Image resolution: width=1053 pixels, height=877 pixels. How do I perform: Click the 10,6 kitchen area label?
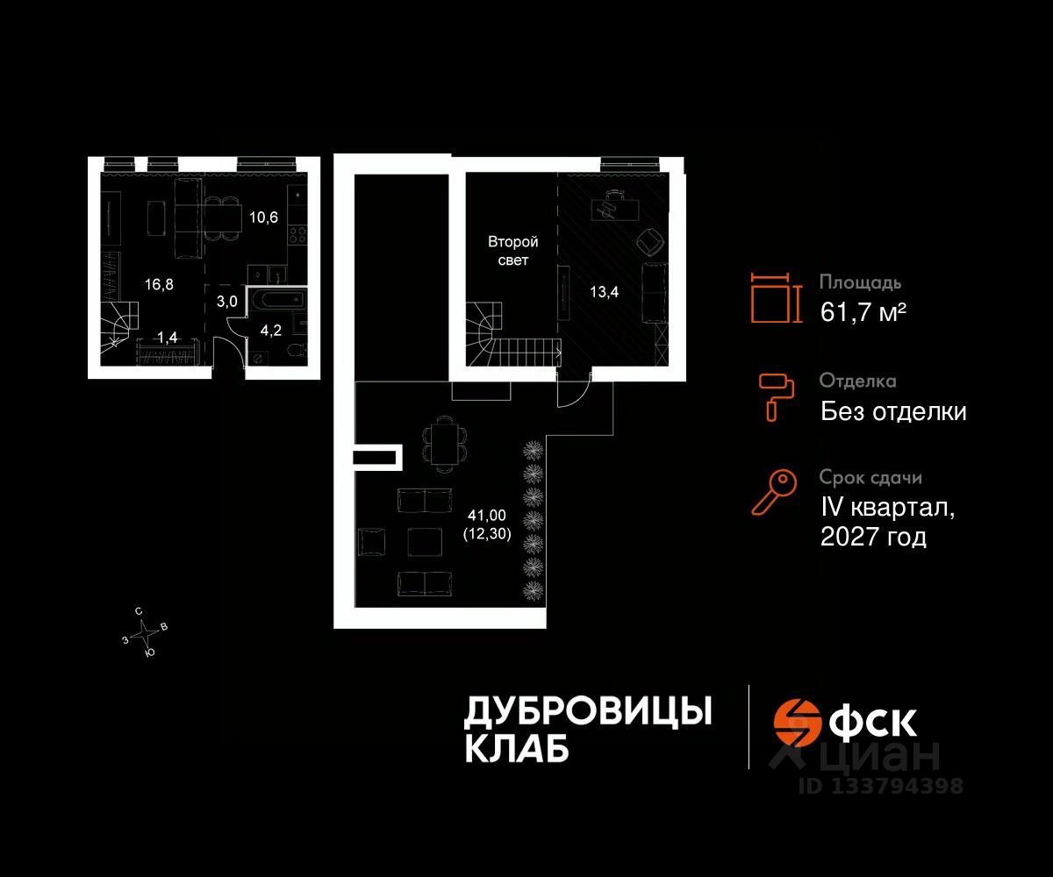(263, 218)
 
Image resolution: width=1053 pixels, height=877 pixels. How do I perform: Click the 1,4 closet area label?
(166, 337)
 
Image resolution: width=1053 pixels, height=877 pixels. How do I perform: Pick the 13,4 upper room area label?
(604, 292)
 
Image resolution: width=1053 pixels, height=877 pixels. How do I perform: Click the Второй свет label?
(512, 251)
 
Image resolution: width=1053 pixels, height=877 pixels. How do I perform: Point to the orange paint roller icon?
(777, 396)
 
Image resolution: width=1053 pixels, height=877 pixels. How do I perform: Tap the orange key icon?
(773, 493)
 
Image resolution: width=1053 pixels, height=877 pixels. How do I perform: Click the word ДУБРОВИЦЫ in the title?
(587, 711)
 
